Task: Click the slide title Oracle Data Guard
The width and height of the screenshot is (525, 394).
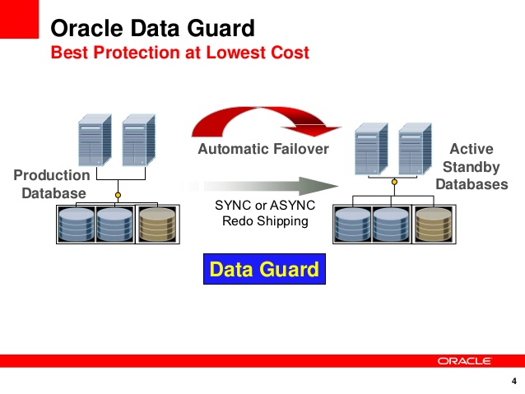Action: point(152,29)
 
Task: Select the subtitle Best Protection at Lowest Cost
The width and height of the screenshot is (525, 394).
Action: point(179,53)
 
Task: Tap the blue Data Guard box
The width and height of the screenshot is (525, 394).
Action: point(263,269)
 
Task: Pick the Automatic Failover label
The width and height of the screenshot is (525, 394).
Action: point(263,149)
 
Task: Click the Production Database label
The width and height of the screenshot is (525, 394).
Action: point(52,184)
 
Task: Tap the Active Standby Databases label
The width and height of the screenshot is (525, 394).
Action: point(472,167)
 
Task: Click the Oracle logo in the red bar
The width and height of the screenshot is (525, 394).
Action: point(464,360)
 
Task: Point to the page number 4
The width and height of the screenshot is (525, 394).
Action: point(514,382)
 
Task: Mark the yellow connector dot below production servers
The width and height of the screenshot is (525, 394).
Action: point(118,195)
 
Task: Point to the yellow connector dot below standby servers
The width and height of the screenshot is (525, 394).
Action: point(394,183)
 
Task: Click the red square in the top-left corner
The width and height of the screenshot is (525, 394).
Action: point(19,19)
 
